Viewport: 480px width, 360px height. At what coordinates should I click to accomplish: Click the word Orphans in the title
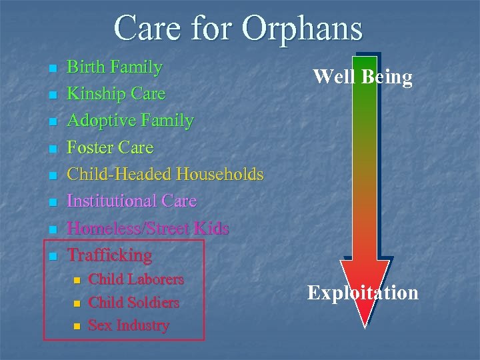tap(303, 29)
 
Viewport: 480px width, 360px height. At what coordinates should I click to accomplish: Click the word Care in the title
tap(148, 29)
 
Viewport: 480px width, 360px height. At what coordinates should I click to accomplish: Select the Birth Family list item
tap(115, 67)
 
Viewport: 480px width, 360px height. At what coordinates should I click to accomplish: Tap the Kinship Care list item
tap(116, 94)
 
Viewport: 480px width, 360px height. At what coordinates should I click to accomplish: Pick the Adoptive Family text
tap(131, 121)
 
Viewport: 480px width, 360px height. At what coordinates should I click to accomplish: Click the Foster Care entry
tap(110, 147)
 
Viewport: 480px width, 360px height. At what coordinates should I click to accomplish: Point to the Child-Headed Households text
tap(165, 175)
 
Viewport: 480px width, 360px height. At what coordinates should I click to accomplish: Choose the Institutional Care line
tap(132, 201)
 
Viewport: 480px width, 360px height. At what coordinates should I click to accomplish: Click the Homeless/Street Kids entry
tap(148, 228)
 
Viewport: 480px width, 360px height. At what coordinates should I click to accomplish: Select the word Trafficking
tap(110, 255)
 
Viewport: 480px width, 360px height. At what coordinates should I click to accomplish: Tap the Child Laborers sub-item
tap(136, 279)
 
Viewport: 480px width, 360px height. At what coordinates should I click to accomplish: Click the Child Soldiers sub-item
tap(133, 303)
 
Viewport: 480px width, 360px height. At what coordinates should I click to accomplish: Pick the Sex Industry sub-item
tap(129, 325)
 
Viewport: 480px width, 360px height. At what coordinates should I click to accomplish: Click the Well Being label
tap(363, 77)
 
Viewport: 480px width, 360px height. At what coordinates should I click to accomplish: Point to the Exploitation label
tap(363, 293)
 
